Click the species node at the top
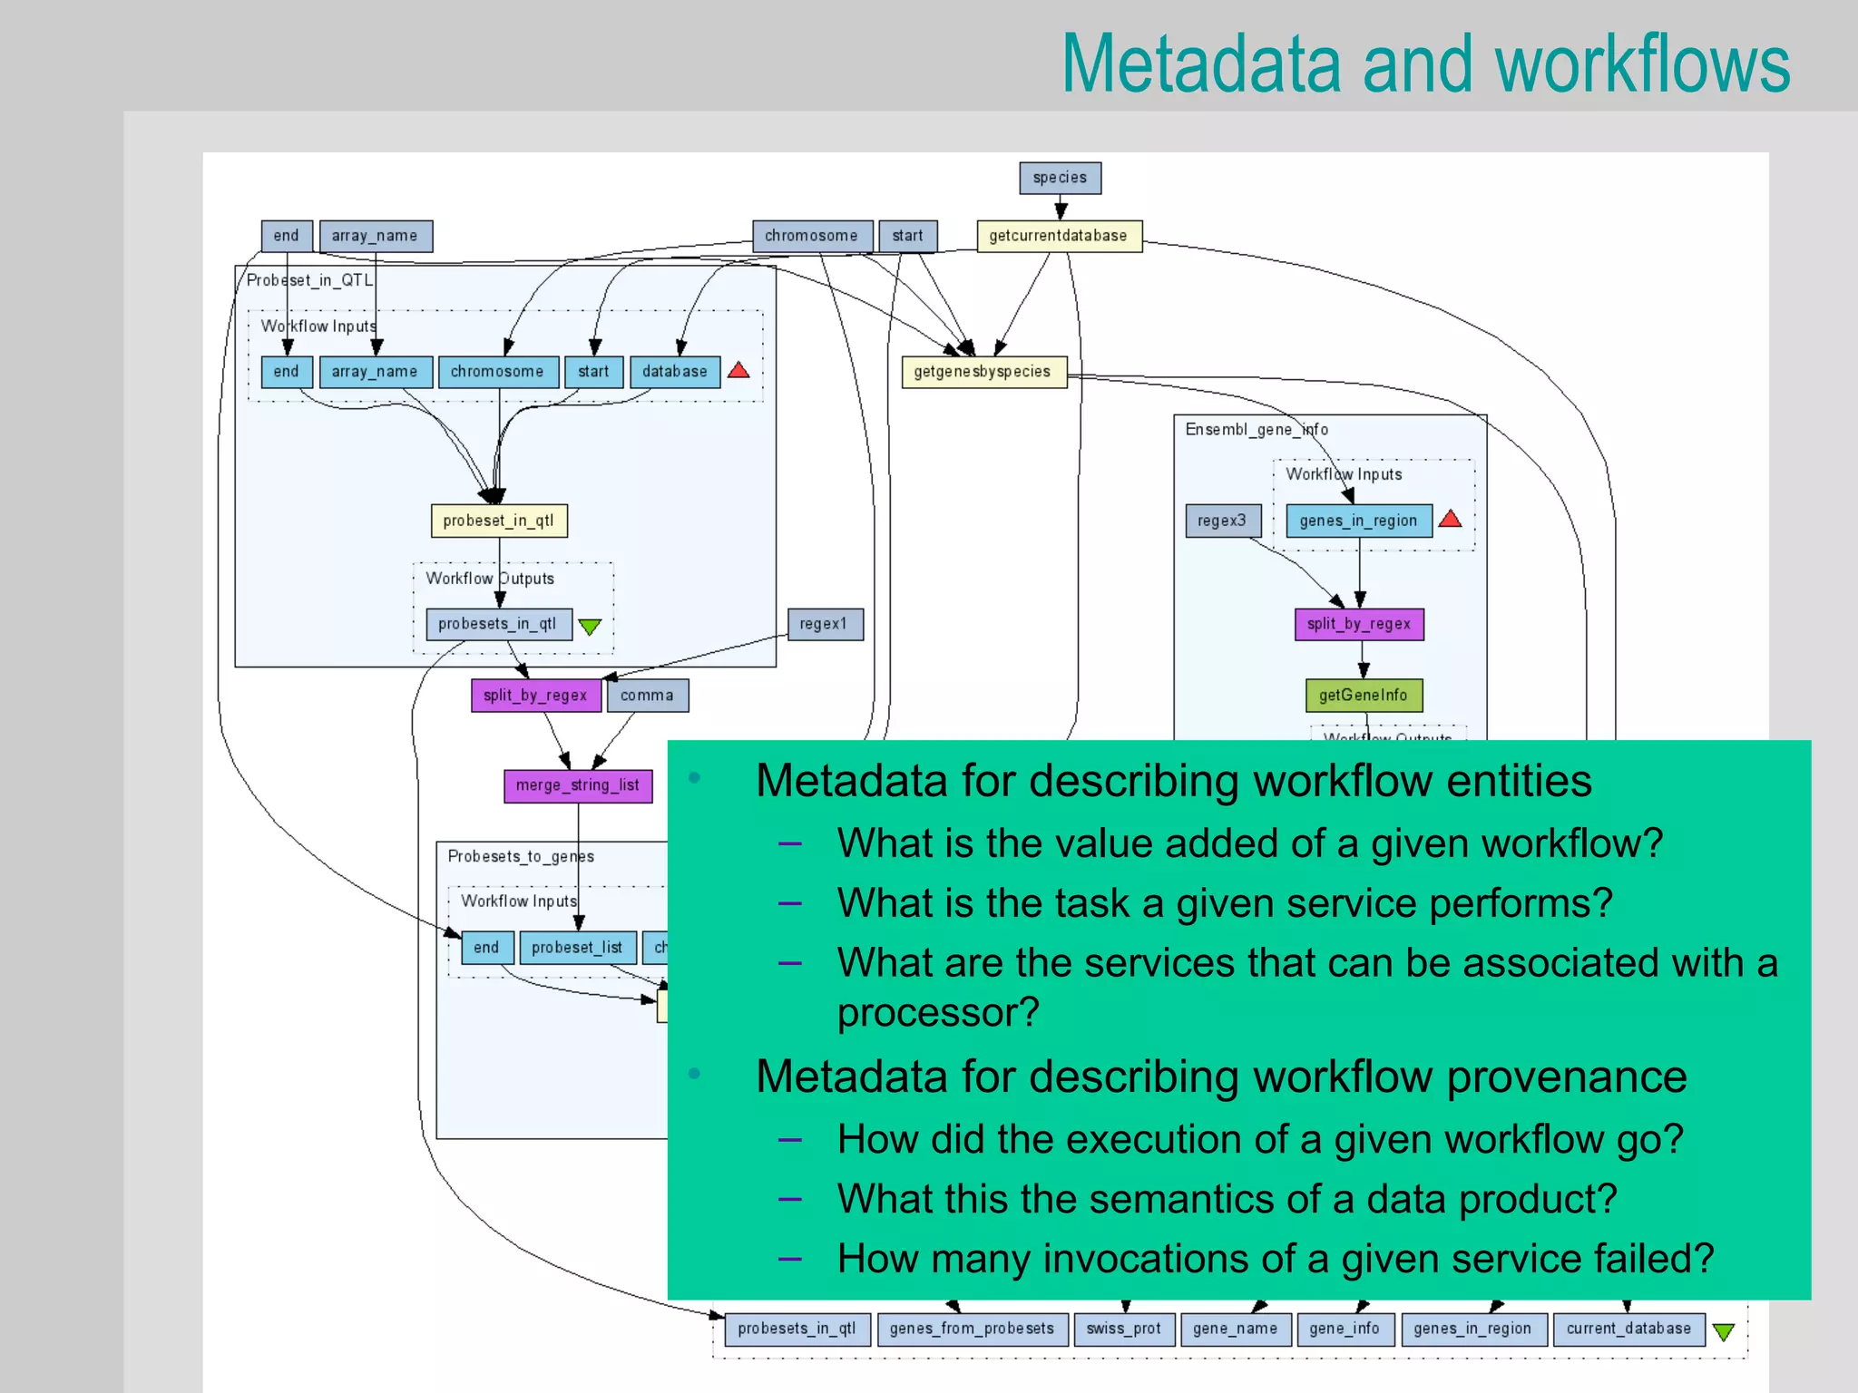(x=1060, y=178)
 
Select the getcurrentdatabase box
(x=1058, y=236)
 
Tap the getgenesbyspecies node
(x=983, y=372)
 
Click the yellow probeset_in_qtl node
(x=498, y=521)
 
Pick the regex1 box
(x=824, y=624)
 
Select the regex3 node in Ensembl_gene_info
(x=1222, y=521)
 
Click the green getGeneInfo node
(x=1363, y=696)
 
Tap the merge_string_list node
(x=577, y=785)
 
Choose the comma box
(x=647, y=696)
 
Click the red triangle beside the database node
(x=738, y=370)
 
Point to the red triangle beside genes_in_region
(x=1450, y=519)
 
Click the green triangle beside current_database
(x=1723, y=1331)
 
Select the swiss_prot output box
(x=1123, y=1329)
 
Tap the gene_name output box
(x=1235, y=1329)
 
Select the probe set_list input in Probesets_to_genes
(x=577, y=948)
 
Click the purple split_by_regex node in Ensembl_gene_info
(x=1358, y=624)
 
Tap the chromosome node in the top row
(x=811, y=236)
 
